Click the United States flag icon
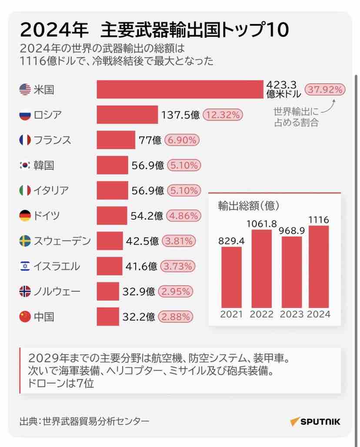coord(25,90)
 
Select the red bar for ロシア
coord(127,115)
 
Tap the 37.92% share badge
coord(325,90)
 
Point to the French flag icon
coord(25,140)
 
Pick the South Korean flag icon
coord(25,165)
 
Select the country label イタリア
coord(51,190)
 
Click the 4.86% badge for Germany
coord(183,216)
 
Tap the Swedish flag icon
coord(25,241)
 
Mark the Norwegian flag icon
coord(25,291)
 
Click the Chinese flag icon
coord(25,317)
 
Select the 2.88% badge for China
coord(176,317)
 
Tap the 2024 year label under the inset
coord(319,314)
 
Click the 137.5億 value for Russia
coord(180,115)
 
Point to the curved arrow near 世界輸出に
coord(331,105)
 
